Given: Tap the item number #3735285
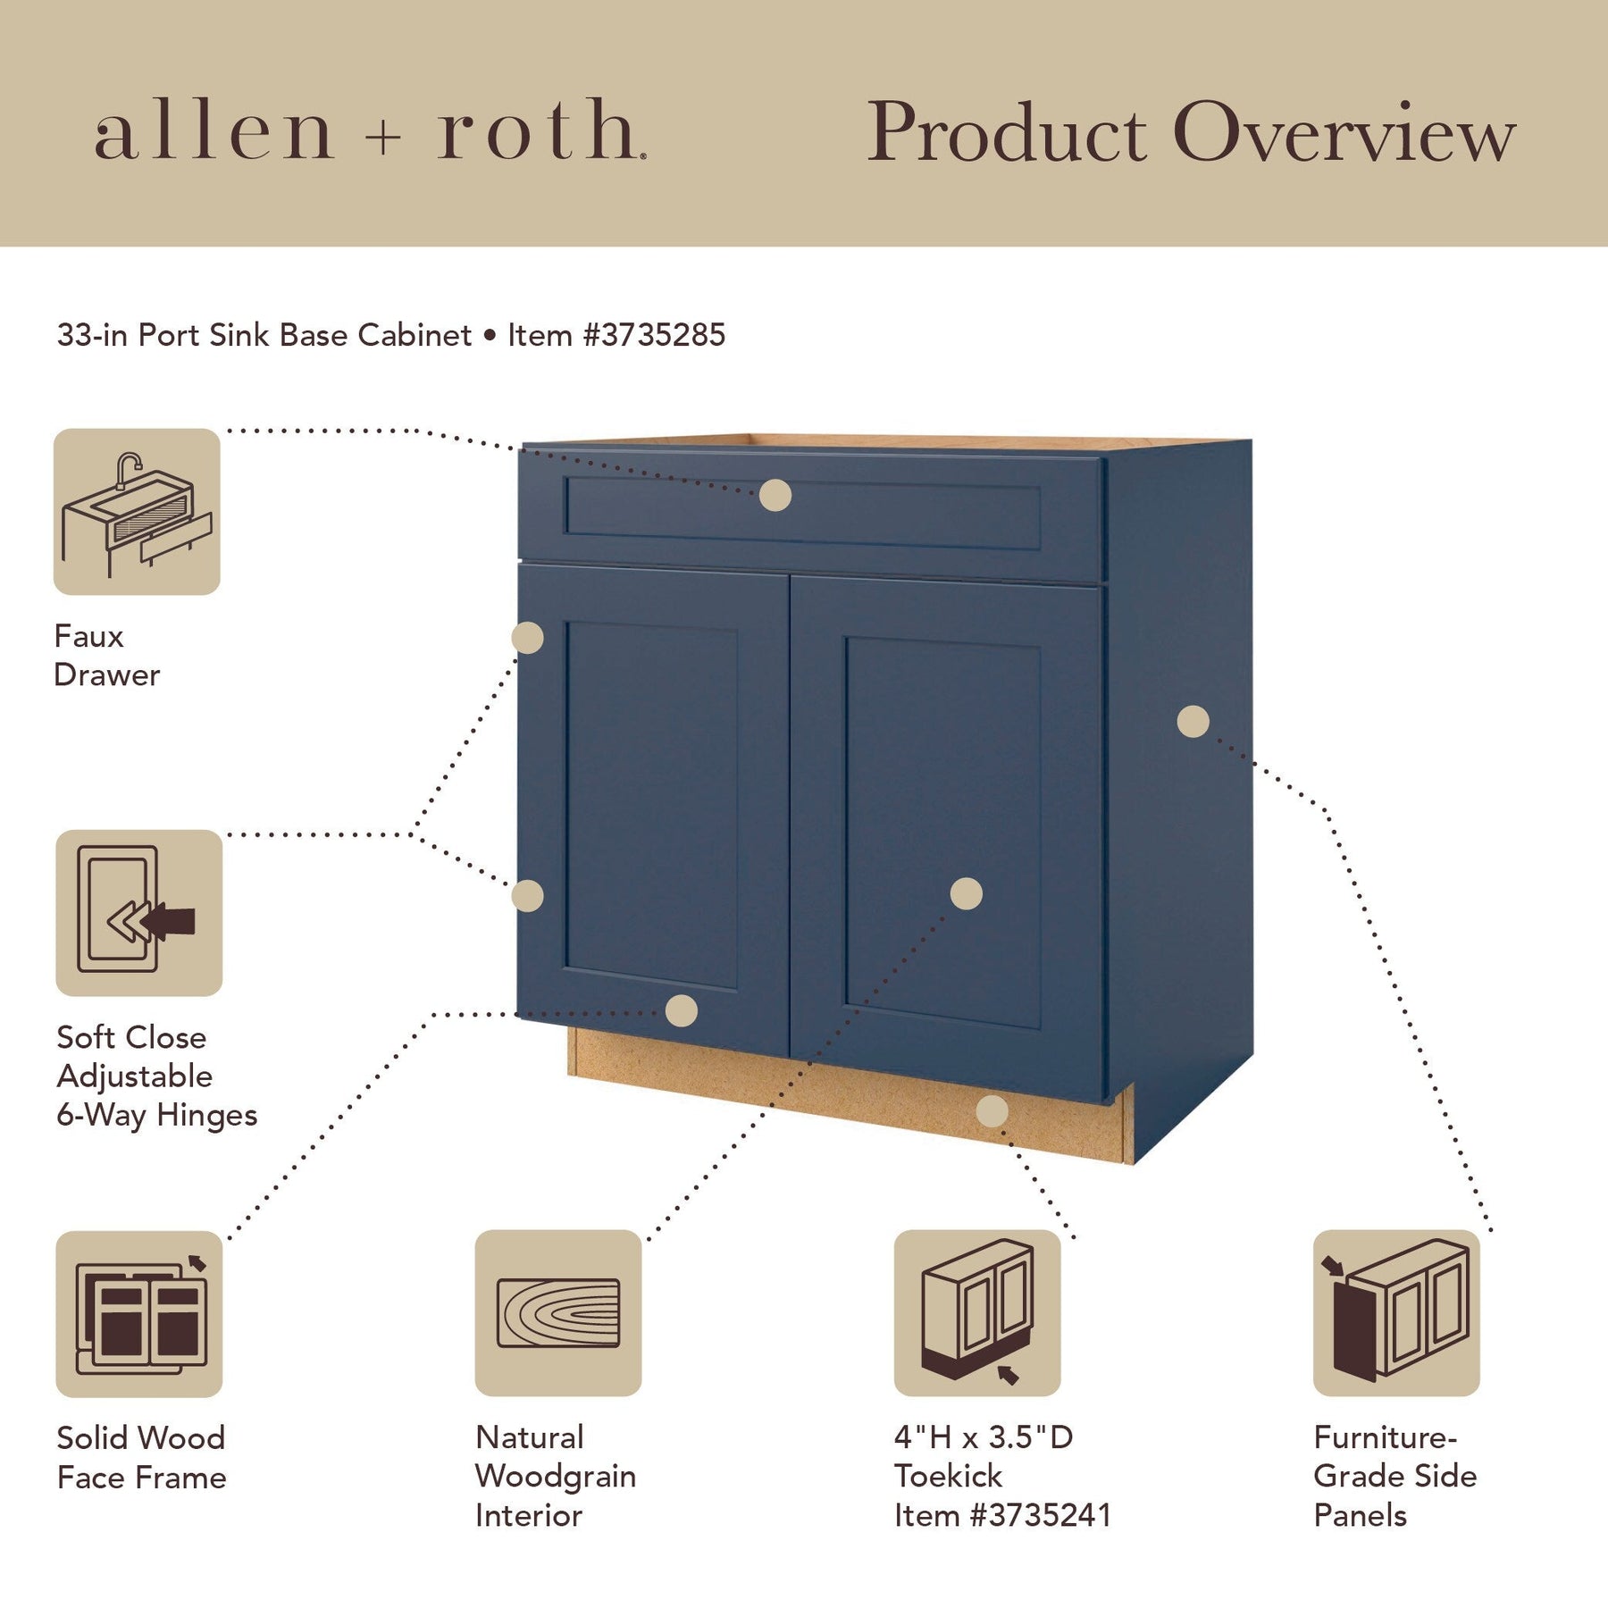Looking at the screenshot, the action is click(x=654, y=335).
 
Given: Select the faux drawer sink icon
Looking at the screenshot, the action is click(x=137, y=512).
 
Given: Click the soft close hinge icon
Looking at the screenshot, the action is click(x=138, y=913).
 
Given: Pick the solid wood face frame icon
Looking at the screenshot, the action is click(x=138, y=1314).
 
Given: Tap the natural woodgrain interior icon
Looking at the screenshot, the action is click(x=558, y=1313).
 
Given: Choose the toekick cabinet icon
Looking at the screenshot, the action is click(x=977, y=1313).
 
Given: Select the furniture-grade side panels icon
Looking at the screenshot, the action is click(x=1396, y=1313).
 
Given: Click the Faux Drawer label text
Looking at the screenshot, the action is click(x=107, y=656).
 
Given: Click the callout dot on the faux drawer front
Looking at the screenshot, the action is click(x=775, y=495).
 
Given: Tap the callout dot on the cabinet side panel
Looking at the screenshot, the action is click(x=1193, y=722).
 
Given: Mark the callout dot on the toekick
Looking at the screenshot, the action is click(x=992, y=1111).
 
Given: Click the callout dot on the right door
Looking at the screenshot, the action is click(x=967, y=893).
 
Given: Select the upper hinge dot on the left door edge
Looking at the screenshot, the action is click(x=528, y=638).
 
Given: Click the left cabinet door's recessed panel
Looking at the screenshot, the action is click(x=651, y=805).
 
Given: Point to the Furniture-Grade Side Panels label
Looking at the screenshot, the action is click(x=1395, y=1476).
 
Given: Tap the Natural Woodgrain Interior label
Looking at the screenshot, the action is click(x=556, y=1476).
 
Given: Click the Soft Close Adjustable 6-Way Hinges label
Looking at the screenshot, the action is click(x=157, y=1076).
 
